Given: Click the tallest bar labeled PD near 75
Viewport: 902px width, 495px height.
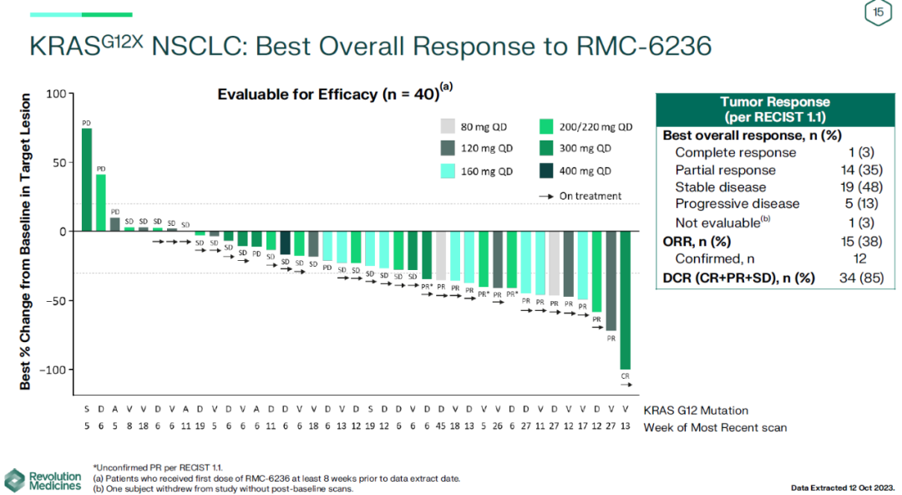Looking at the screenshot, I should pyautogui.click(x=87, y=179).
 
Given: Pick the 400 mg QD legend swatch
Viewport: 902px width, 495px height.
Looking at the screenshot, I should pyautogui.click(x=547, y=171).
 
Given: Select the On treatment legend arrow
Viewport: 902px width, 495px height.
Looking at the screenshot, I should pyautogui.click(x=546, y=196).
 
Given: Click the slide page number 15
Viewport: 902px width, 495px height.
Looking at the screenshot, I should pyautogui.click(x=878, y=13).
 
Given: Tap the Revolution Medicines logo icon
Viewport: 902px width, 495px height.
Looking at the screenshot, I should pyautogui.click(x=14, y=481).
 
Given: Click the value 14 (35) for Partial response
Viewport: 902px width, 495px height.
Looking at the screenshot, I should pyautogui.click(x=859, y=170).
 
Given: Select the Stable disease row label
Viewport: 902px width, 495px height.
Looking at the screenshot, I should pyautogui.click(x=720, y=186).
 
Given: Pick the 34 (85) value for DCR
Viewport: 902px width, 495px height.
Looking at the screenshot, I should pyautogui.click(x=860, y=278).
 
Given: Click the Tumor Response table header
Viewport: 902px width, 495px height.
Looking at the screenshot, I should pyautogui.click(x=775, y=109).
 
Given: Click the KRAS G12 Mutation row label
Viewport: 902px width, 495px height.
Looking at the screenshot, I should pyautogui.click(x=696, y=411).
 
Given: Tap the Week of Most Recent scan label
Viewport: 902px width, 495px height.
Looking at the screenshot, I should pyautogui.click(x=715, y=428).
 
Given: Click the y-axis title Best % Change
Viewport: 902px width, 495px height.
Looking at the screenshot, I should pyautogui.click(x=26, y=241).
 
